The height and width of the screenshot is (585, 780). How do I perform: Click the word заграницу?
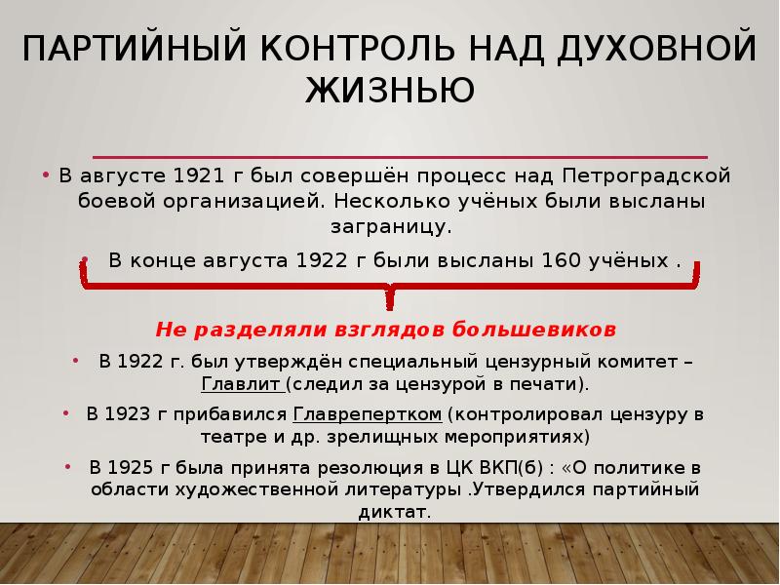coord(389,226)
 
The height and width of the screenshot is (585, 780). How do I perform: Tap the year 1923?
coord(133,412)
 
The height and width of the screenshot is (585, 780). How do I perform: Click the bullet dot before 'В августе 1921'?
coord(46,176)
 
